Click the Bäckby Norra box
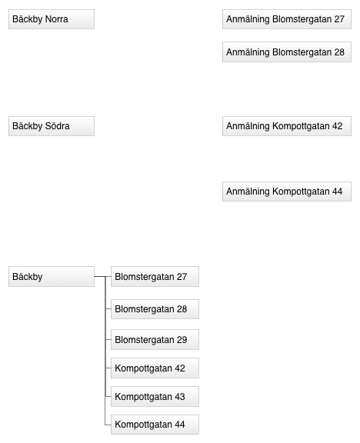tap(52, 19)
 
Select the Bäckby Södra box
tap(52, 126)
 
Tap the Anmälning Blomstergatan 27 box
tap(287, 19)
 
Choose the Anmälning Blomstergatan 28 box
tap(287, 52)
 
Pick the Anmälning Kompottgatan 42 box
tap(287, 126)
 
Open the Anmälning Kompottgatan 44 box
tap(287, 192)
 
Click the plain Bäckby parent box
tap(52, 276)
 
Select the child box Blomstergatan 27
tap(155, 276)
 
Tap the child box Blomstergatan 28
tap(155, 309)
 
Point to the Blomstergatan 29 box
tap(155, 340)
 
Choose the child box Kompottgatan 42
tap(155, 368)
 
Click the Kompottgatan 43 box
tap(155, 396)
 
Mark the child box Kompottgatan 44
tap(155, 425)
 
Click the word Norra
tap(56, 19)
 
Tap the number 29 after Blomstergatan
tap(182, 340)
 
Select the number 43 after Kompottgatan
tap(180, 397)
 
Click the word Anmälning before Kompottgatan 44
tap(248, 192)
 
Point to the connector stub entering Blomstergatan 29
tap(108, 340)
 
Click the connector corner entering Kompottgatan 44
tap(105, 425)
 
